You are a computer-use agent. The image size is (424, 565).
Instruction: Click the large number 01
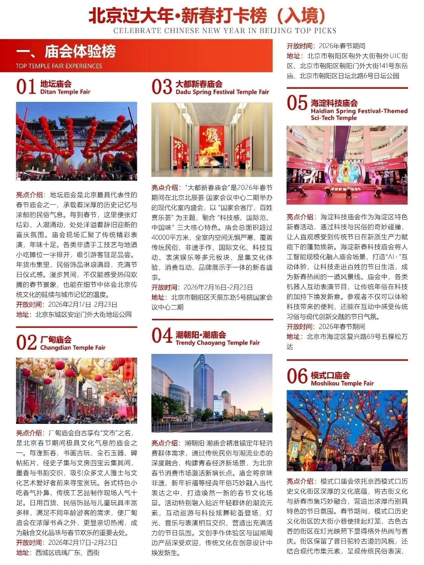click(26, 87)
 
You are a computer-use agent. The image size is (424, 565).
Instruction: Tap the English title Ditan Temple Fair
click(65, 92)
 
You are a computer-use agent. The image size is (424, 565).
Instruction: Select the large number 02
click(26, 342)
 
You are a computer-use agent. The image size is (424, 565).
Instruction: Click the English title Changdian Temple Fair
click(73, 347)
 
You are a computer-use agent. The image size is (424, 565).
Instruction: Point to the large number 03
click(162, 87)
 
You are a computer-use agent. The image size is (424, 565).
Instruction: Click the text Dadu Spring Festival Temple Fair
click(222, 92)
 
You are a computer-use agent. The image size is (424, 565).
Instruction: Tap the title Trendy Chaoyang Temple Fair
click(218, 342)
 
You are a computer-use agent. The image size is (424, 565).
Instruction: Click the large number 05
click(297, 102)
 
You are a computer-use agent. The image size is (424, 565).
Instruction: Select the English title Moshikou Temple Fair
click(342, 383)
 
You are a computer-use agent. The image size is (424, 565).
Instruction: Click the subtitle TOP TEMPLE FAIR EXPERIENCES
click(59, 66)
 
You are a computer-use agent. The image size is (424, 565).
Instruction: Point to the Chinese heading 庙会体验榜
click(80, 52)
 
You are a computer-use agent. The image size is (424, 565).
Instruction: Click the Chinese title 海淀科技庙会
click(334, 103)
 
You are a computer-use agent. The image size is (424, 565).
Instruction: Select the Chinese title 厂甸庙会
click(56, 339)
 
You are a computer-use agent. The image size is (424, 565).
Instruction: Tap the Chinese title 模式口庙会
click(330, 375)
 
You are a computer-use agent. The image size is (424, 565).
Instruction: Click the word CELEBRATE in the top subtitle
click(137, 31)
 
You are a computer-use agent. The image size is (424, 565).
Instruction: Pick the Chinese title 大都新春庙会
click(199, 84)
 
